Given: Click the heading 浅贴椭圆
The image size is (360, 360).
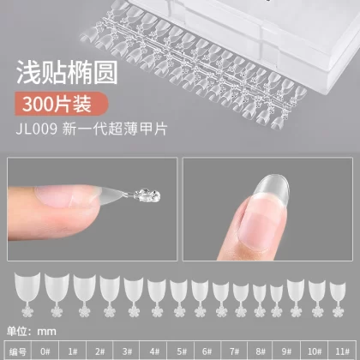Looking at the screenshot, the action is coord(67,72).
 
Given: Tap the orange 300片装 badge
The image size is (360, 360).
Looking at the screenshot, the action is coord(62,104).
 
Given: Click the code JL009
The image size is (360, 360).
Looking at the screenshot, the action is coord(37,129).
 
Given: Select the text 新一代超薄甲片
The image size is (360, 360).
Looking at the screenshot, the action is coord(114,129).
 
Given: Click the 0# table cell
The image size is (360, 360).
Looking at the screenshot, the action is coord(45,351).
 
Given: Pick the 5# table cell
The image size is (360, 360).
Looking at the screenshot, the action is coord(181,351).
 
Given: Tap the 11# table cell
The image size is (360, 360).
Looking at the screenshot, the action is coord(343,351).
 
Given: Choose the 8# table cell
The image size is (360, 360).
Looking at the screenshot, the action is coord(260,351).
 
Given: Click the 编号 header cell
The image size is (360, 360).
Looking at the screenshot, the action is coord(18,351).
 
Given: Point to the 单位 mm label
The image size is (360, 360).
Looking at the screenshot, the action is coord(32,332).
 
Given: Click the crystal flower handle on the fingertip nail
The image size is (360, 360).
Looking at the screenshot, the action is coord(147,195).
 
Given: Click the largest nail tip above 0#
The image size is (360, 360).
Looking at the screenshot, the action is coord(27,286).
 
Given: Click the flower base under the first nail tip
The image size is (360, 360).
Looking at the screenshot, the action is coord(27,311).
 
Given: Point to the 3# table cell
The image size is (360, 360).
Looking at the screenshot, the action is coord(126,351).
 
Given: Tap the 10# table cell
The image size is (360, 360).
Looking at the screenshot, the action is coord(314,351).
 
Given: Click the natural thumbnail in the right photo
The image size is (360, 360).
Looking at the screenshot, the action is coord(259,228).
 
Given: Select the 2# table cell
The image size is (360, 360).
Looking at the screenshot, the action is coord(99,351).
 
